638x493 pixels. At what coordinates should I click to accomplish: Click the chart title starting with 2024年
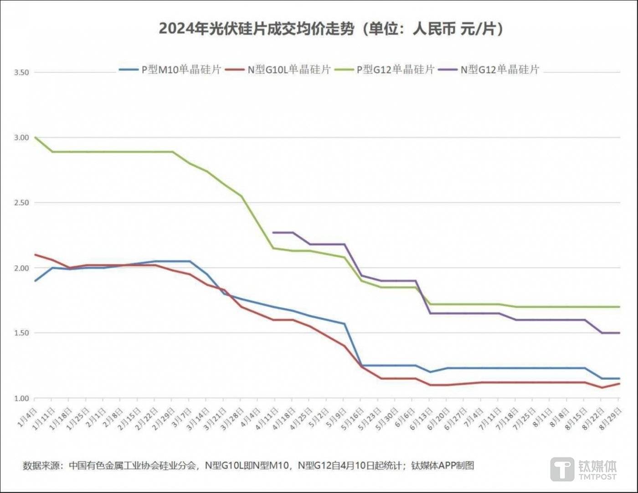(x=331, y=29)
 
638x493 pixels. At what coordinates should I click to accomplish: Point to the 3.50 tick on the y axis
(x=21, y=72)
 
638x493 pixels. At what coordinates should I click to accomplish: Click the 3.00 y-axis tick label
(x=21, y=137)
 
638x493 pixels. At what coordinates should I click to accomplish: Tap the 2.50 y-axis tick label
(x=21, y=203)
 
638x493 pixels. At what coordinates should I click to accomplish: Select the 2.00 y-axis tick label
(x=21, y=268)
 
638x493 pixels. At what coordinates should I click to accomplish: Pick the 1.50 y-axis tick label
(x=21, y=333)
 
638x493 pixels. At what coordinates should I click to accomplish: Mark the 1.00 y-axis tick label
(x=21, y=398)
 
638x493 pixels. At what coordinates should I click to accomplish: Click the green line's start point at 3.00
(x=35, y=137)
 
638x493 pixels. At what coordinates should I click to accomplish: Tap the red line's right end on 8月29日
(x=619, y=384)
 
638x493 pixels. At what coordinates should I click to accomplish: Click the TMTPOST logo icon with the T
(x=562, y=469)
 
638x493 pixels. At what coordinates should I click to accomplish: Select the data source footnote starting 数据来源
(x=248, y=465)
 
